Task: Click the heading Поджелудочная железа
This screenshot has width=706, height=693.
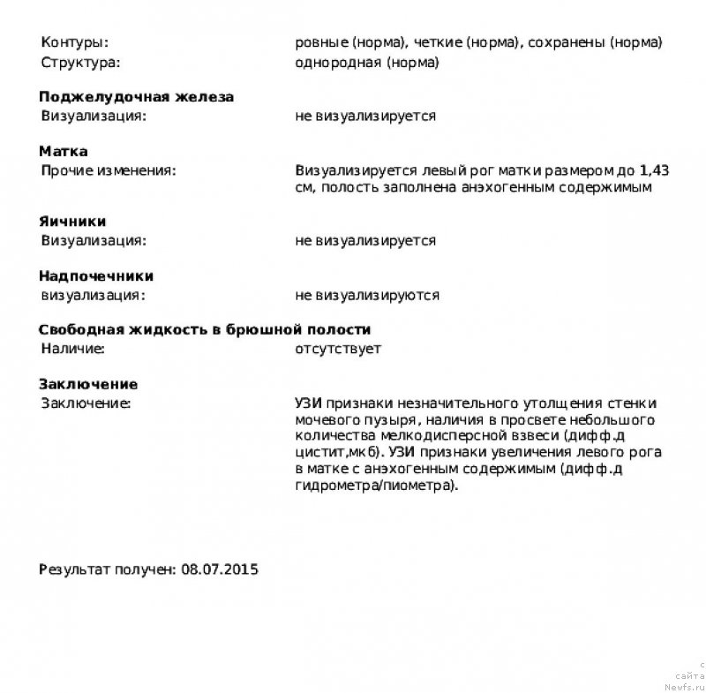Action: [x=136, y=97]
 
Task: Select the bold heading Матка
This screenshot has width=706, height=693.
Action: [x=63, y=152]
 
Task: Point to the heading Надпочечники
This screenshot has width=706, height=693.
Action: [x=96, y=276]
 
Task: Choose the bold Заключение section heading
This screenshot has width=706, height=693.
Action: [x=87, y=385]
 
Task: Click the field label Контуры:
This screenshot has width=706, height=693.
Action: [x=75, y=42]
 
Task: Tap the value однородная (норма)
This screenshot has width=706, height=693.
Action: [x=367, y=63]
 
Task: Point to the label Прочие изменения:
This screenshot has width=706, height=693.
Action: [x=109, y=170]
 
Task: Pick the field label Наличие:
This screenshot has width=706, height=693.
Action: [x=72, y=350]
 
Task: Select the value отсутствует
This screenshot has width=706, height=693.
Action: [x=338, y=350]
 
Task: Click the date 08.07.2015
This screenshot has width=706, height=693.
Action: [x=220, y=569]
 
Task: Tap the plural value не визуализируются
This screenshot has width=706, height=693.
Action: [x=367, y=295]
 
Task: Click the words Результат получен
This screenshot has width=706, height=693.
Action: [x=106, y=569]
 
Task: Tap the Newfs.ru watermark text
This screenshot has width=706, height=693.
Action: [x=686, y=683]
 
